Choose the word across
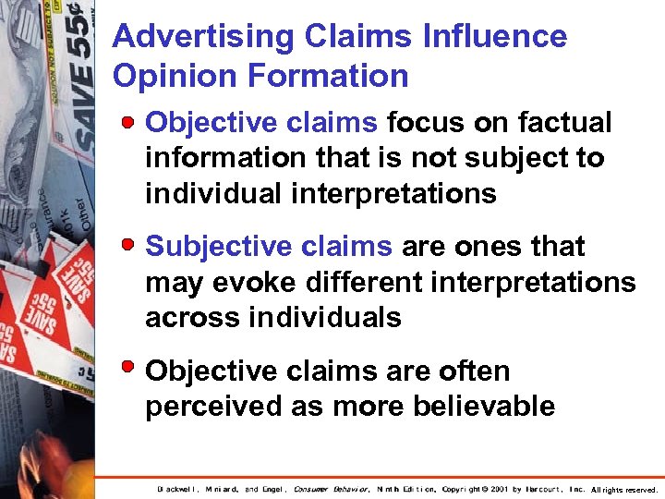click(190, 317)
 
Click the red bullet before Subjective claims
click(132, 246)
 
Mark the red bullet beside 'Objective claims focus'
click(132, 122)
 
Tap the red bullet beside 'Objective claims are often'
click(132, 371)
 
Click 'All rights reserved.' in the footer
click(624, 489)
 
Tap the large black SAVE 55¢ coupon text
click(81, 74)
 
